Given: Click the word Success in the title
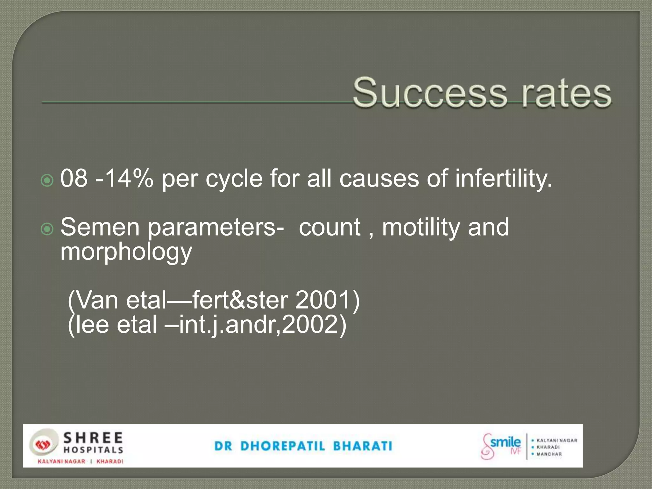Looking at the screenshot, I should [430, 93].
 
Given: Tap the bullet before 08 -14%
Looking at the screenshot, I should [47, 181].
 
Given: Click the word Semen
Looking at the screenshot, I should [100, 227].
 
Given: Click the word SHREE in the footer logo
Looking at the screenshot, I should [93, 438].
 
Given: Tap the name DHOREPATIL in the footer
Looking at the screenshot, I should [283, 446].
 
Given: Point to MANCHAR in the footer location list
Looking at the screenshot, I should [549, 454].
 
